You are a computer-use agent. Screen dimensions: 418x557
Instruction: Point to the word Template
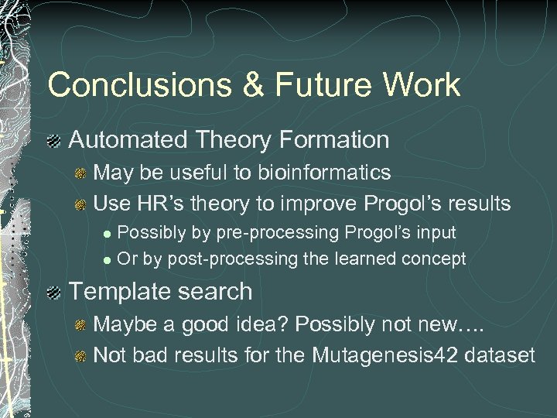coord(117,292)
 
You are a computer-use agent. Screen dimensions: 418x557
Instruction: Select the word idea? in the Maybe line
coord(272,325)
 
